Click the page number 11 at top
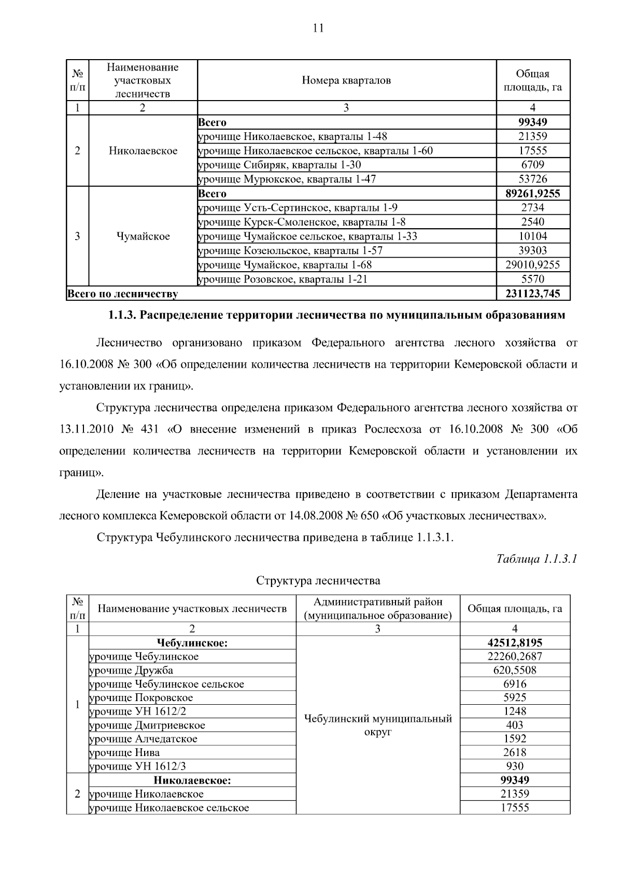[x=318, y=28]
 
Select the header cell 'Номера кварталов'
[x=346, y=80]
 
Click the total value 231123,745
[x=532, y=294]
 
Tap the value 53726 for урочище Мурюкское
[x=532, y=179]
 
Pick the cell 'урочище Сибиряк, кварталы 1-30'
[x=280, y=165]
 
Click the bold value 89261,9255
[x=532, y=193]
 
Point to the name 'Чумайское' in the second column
[x=143, y=236]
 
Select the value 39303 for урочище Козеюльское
[x=532, y=250]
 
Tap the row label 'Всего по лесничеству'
[x=123, y=294]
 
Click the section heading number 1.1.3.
[x=122, y=315]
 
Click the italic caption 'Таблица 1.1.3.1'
[x=537, y=559]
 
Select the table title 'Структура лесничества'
[x=318, y=580]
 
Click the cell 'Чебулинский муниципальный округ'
[x=378, y=725]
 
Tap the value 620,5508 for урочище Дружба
[x=515, y=670]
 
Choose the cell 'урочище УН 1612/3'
[x=138, y=766]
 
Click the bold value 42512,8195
[x=515, y=642]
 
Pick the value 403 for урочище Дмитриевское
[x=515, y=725]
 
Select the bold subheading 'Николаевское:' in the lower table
[x=192, y=780]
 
